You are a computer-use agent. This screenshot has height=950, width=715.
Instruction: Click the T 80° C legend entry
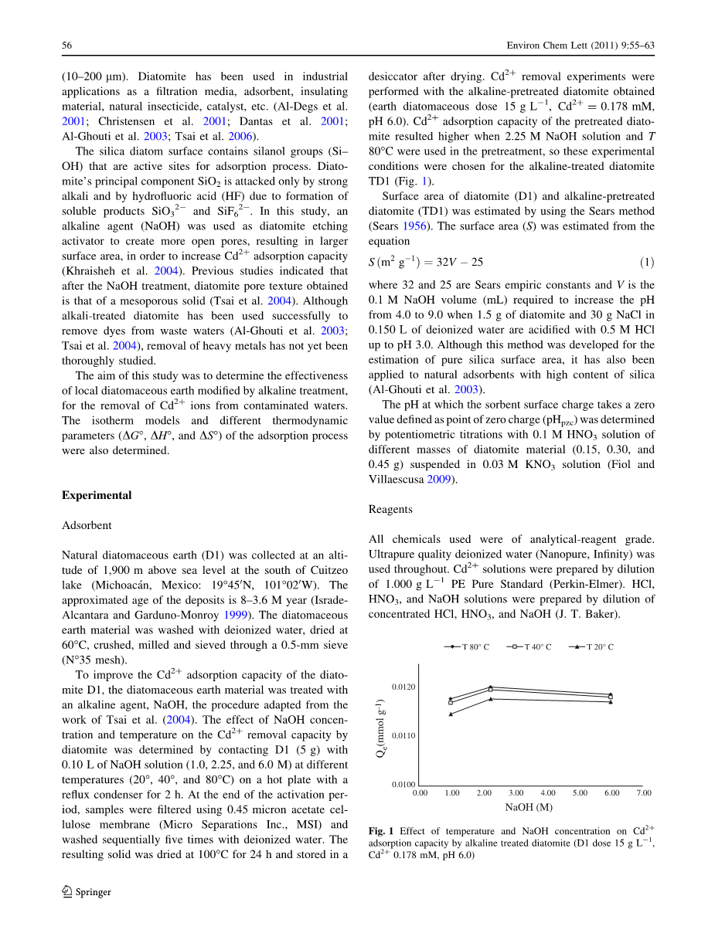pyautogui.click(x=467, y=647)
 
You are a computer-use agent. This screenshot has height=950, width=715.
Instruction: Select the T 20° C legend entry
pyautogui.click(x=591, y=647)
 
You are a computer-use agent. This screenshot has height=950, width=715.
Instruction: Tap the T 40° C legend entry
pyautogui.click(x=529, y=647)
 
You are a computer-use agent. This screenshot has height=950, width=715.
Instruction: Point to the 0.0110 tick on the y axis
pyautogui.click(x=403, y=735)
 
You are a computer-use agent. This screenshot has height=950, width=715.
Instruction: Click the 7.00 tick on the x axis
pyautogui.click(x=644, y=793)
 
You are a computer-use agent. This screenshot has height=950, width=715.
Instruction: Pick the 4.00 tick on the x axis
pyautogui.click(x=548, y=793)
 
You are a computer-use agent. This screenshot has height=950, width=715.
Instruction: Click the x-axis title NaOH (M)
pyautogui.click(x=529, y=808)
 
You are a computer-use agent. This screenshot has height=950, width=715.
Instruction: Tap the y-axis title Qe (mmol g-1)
pyautogui.click(x=380, y=728)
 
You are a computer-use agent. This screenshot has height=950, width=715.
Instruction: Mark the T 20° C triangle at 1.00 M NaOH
pyautogui.click(x=451, y=714)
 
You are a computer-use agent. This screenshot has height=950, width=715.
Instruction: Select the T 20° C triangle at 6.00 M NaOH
pyautogui.click(x=611, y=702)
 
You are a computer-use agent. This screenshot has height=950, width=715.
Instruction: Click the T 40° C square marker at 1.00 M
pyautogui.click(x=451, y=702)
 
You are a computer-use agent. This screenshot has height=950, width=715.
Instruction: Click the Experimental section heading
pyautogui.click(x=97, y=496)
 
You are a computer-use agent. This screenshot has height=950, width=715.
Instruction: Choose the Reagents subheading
pyautogui.click(x=390, y=510)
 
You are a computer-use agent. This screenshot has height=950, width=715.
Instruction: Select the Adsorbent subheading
pyautogui.click(x=87, y=525)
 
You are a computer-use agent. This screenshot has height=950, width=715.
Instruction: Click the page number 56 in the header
pyautogui.click(x=67, y=46)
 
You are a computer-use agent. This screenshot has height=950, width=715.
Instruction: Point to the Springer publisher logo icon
pyautogui.click(x=67, y=891)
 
